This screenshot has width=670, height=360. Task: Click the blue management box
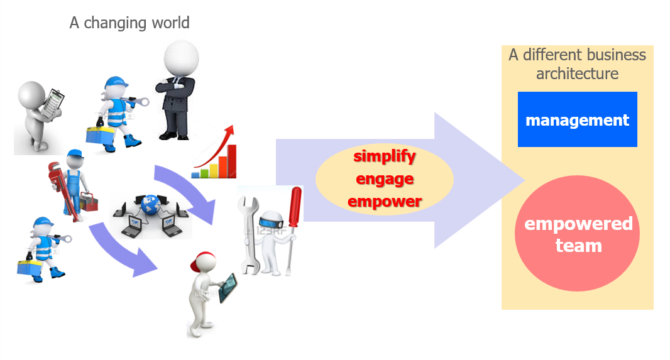pyautogui.click(x=577, y=119)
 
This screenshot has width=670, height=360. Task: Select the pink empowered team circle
pyautogui.click(x=577, y=234)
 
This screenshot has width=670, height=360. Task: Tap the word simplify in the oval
pyautogui.click(x=385, y=156)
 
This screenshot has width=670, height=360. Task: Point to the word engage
pyautogui.click(x=385, y=179)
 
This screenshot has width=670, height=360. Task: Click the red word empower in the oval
pyautogui.click(x=385, y=200)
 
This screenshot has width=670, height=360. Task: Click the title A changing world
pyautogui.click(x=129, y=23)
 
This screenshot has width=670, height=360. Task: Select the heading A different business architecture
pyautogui.click(x=577, y=64)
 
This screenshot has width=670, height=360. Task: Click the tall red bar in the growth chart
pyautogui.click(x=231, y=161)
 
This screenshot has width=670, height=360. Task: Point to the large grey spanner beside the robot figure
pyautogui.click(x=249, y=235)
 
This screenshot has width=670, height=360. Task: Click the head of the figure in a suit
pyautogui.click(x=181, y=58)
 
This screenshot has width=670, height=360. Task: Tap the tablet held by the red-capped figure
pyautogui.click(x=228, y=288)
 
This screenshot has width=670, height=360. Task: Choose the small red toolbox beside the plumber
pyautogui.click(x=89, y=202)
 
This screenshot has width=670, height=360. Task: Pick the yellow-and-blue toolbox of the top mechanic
pyautogui.click(x=99, y=136)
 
